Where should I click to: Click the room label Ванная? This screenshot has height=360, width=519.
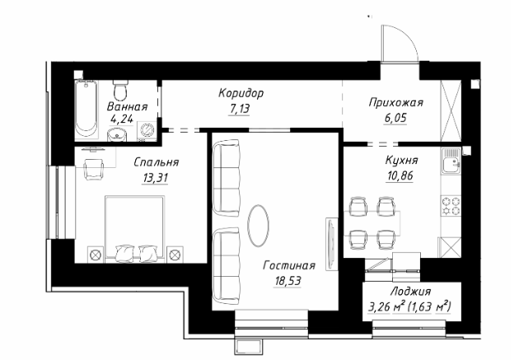click(x=128, y=106)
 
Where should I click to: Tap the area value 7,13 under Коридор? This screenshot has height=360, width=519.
click(x=239, y=109)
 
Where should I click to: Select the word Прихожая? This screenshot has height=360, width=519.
click(x=396, y=103)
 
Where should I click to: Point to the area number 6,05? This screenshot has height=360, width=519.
click(x=395, y=118)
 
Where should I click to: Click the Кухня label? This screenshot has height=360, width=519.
click(x=402, y=160)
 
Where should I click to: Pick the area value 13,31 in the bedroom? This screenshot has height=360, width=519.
click(x=155, y=178)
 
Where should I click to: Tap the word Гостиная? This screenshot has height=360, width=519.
click(x=289, y=265)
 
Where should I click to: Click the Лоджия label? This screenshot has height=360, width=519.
click(x=411, y=292)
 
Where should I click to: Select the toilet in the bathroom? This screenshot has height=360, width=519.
click(x=119, y=91)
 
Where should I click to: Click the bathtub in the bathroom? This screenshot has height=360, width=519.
click(x=86, y=109)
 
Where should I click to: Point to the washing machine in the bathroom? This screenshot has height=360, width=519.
click(x=147, y=131)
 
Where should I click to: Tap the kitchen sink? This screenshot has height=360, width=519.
click(x=451, y=161)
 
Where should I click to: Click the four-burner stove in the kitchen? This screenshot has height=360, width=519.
click(x=451, y=206)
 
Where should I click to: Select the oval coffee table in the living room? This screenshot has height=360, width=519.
click(x=258, y=226)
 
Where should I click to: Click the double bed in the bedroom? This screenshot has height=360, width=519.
click(x=135, y=229)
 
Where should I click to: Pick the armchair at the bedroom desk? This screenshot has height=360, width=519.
click(x=94, y=169)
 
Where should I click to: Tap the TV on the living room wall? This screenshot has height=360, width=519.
click(x=332, y=244)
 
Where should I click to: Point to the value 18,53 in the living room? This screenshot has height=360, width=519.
click(x=288, y=281)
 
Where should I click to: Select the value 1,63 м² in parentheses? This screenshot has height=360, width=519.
click(x=429, y=306)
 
